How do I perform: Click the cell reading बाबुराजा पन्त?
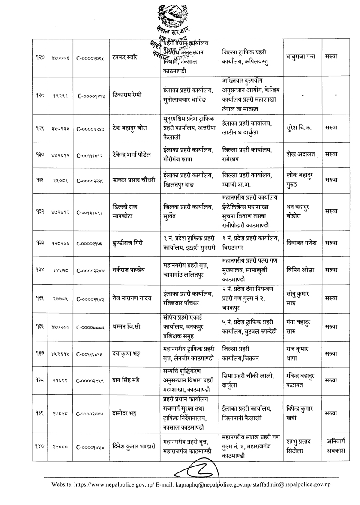pyautogui.click(x=301, y=57)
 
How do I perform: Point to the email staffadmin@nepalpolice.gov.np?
pyautogui.click(x=296, y=484)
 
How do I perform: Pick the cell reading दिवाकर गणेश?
pyautogui.click(x=302, y=242)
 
